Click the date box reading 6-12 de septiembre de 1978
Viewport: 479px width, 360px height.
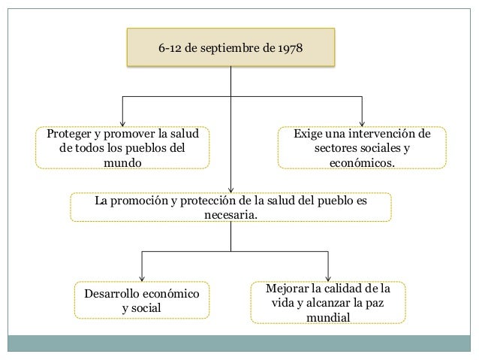(x=230, y=47)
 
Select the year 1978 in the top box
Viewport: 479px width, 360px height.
(x=289, y=47)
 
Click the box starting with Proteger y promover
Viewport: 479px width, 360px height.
(x=122, y=147)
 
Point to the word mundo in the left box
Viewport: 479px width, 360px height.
(x=122, y=162)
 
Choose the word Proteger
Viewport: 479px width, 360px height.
(x=70, y=134)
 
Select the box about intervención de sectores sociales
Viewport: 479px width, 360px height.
(x=362, y=147)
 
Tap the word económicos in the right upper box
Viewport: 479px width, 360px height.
(x=362, y=162)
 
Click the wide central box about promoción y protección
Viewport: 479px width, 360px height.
(x=230, y=207)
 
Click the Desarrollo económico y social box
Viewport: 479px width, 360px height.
(x=141, y=300)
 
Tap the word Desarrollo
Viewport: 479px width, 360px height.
(x=113, y=293)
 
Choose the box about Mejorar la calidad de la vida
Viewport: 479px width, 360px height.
(x=328, y=303)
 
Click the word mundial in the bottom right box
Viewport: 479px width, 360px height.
(x=328, y=317)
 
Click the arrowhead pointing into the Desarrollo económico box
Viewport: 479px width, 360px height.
(x=141, y=277)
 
